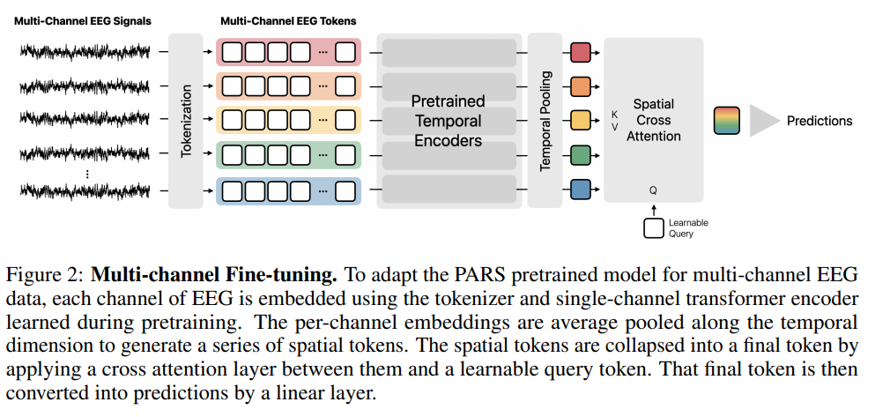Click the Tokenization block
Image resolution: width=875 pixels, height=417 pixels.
185,120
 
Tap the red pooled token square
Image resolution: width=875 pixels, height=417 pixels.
580,53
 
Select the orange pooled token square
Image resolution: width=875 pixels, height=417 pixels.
580,86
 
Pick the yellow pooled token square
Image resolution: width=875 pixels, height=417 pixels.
580,120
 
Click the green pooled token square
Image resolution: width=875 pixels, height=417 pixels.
580,155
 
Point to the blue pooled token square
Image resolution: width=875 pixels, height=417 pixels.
580,189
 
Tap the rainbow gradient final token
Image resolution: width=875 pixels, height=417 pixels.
728,121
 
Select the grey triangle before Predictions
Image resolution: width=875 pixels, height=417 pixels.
764,121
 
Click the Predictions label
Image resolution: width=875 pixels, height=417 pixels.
819,121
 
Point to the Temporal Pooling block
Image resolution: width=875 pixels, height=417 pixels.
545,120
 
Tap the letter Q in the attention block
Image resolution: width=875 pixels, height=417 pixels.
653,189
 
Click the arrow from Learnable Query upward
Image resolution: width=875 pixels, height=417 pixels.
653,209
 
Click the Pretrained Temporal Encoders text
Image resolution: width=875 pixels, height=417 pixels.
448,121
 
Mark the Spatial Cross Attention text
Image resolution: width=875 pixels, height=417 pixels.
653,120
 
